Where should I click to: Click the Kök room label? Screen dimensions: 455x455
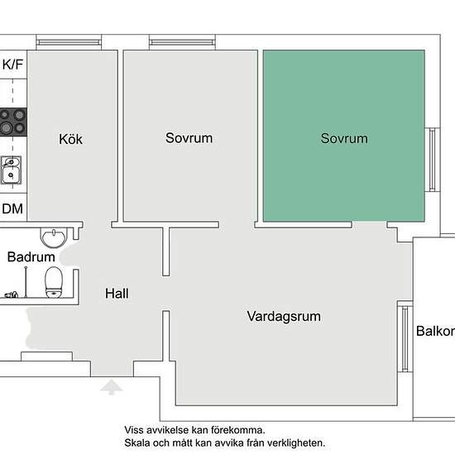tap(70, 139)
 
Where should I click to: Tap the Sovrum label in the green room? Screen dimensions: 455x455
tap(344, 138)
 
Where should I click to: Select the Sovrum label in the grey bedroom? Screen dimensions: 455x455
tap(189, 138)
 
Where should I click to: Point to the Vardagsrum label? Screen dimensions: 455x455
tap(284, 317)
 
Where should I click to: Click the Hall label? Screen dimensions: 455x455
tap(117, 294)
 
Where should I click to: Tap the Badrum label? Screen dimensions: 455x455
tap(31, 257)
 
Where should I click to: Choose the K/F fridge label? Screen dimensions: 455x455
tap(12, 65)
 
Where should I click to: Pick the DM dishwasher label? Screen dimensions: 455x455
tap(12, 208)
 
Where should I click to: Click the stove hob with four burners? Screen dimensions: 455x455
tap(13, 122)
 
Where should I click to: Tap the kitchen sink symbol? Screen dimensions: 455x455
tap(11, 170)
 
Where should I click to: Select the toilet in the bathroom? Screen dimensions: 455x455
tap(54, 282)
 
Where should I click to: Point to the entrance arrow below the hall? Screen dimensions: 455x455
tap(111, 387)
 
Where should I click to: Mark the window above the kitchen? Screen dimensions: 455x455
tap(69, 43)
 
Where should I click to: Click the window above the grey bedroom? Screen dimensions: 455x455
tap(182, 43)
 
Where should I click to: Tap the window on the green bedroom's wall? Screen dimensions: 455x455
tap(432, 160)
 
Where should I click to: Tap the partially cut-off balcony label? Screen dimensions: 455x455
tap(435, 331)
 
